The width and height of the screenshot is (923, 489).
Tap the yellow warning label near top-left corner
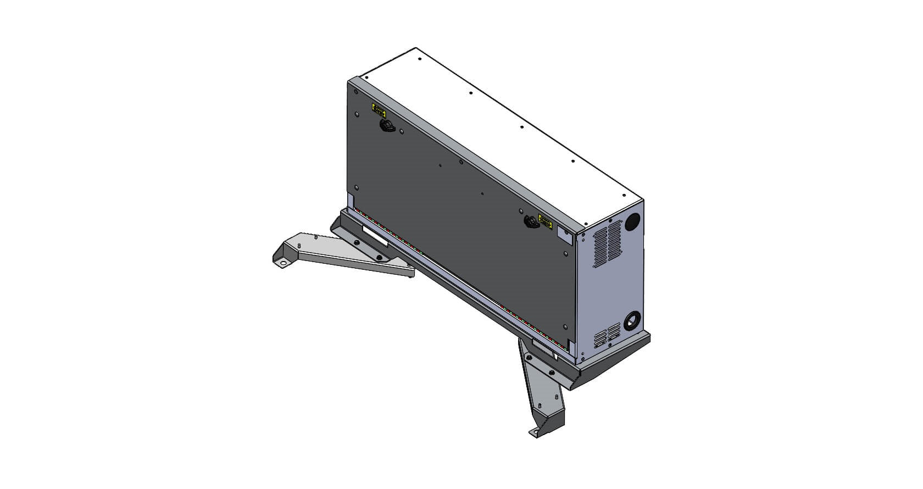[x=379, y=109]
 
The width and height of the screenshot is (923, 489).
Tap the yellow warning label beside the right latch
[x=546, y=222]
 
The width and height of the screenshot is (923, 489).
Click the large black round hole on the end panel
[x=632, y=221]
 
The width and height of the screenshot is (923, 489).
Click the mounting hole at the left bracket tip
[x=283, y=263]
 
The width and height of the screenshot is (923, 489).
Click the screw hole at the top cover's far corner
[x=419, y=58]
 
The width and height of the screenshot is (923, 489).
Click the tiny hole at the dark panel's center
[x=482, y=193]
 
